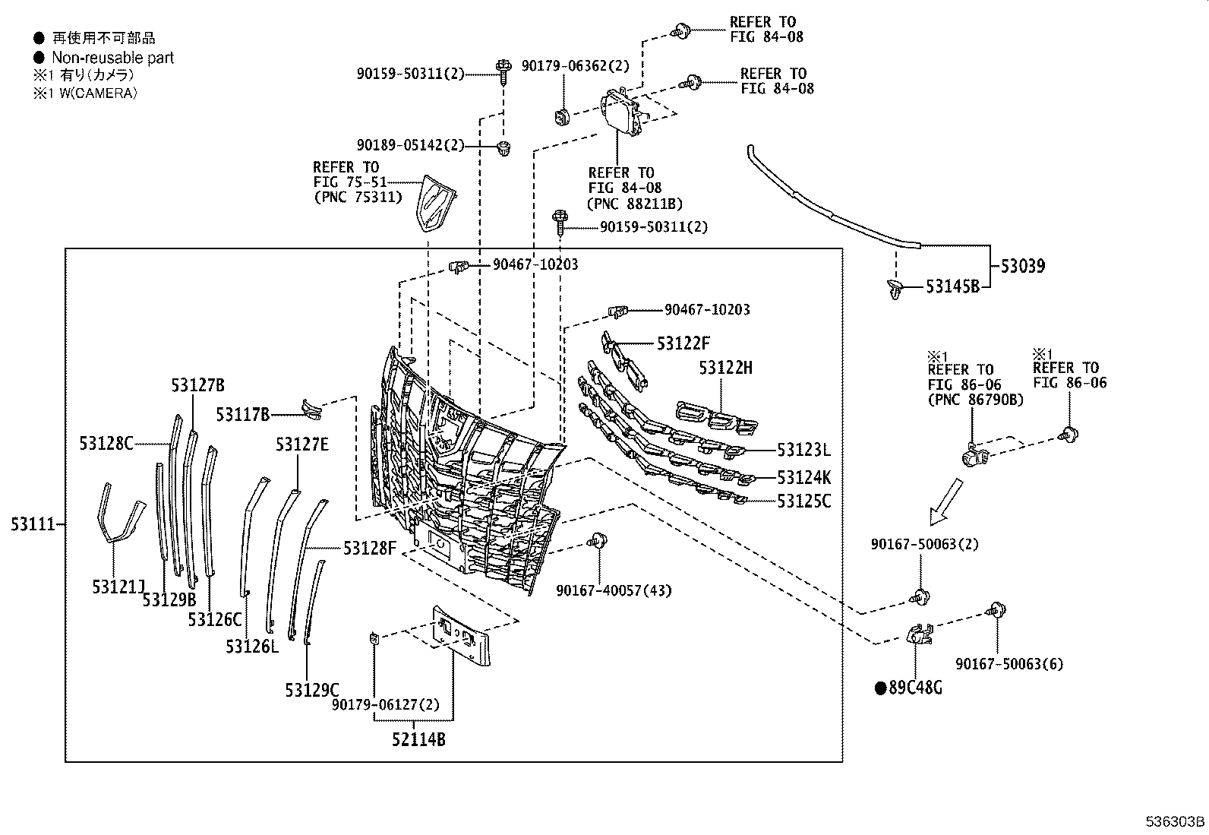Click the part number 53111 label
(x=33, y=524)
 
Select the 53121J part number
(x=118, y=587)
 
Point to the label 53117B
(x=242, y=414)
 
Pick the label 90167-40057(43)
(x=614, y=590)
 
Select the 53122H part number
(x=725, y=368)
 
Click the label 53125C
(x=803, y=501)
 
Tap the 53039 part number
(x=1022, y=266)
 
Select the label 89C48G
(x=915, y=688)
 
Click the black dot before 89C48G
(x=880, y=688)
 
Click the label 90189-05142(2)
(x=410, y=145)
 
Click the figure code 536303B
(x=1175, y=822)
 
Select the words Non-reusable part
(x=112, y=58)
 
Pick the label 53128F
(x=369, y=547)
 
